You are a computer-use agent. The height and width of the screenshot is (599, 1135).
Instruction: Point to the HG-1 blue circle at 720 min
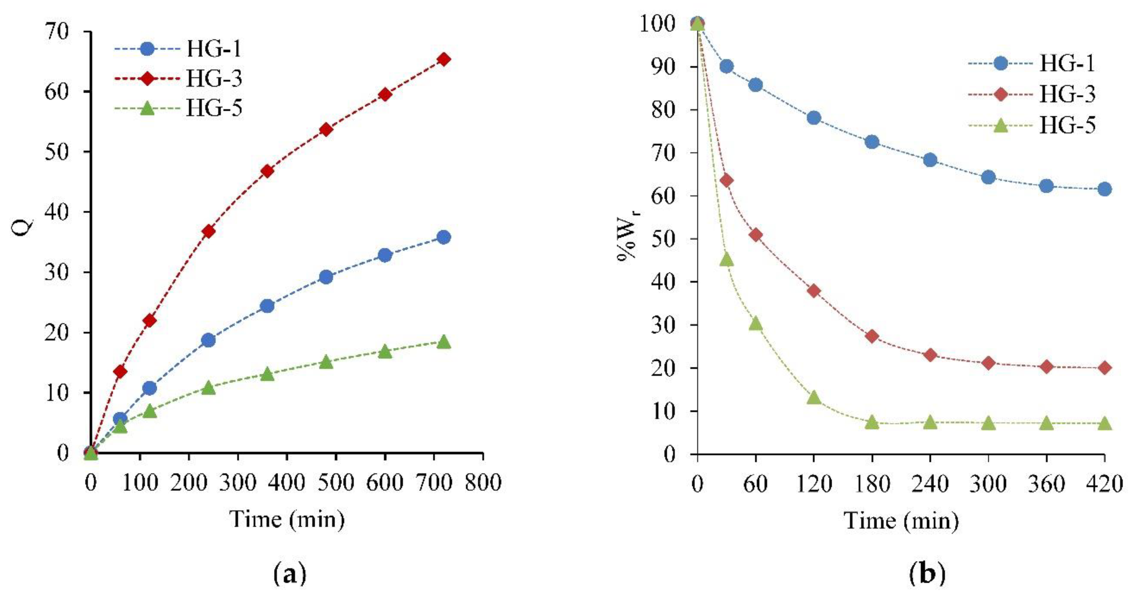pos(444,238)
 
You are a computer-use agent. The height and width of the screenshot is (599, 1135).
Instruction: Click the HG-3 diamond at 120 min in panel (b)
pos(814,291)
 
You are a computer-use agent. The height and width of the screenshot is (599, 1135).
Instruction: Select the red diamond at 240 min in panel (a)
pos(209,231)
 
